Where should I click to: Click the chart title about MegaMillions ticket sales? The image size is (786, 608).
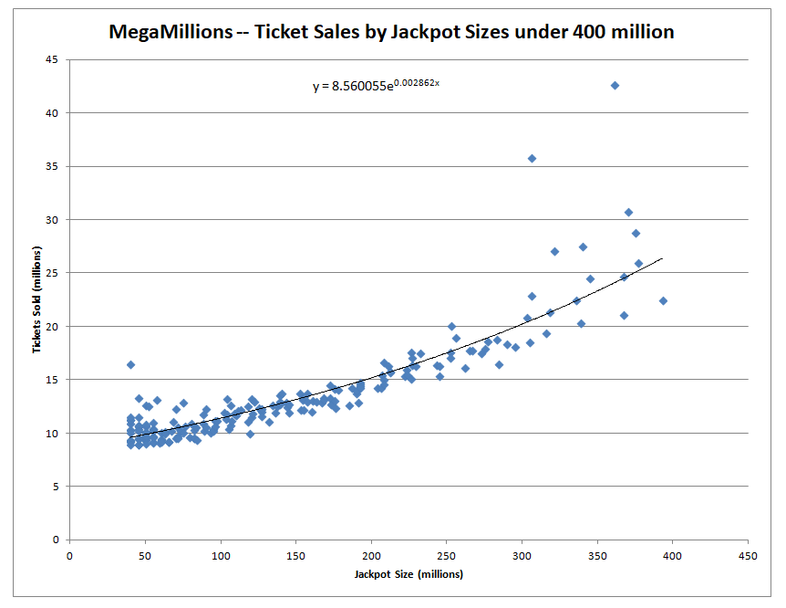point(391,32)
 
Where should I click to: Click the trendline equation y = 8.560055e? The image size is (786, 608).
point(377,87)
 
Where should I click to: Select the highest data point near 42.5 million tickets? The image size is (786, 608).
point(615,85)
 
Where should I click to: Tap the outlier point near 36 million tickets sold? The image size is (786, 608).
point(533,158)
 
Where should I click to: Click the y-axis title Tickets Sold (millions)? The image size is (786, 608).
point(37,299)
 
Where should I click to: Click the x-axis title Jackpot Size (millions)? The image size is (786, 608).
point(409,574)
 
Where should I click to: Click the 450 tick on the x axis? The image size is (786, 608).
point(749,555)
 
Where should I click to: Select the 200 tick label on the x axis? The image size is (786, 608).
point(371,555)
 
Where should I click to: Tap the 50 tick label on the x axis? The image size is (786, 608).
point(145,555)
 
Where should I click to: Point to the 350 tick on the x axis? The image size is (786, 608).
point(597,555)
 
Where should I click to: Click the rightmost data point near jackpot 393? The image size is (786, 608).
point(663,300)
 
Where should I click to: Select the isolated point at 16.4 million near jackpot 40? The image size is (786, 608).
point(130,364)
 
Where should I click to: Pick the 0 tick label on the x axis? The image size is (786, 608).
point(69,555)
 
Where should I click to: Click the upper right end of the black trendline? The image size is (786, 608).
point(662,259)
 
